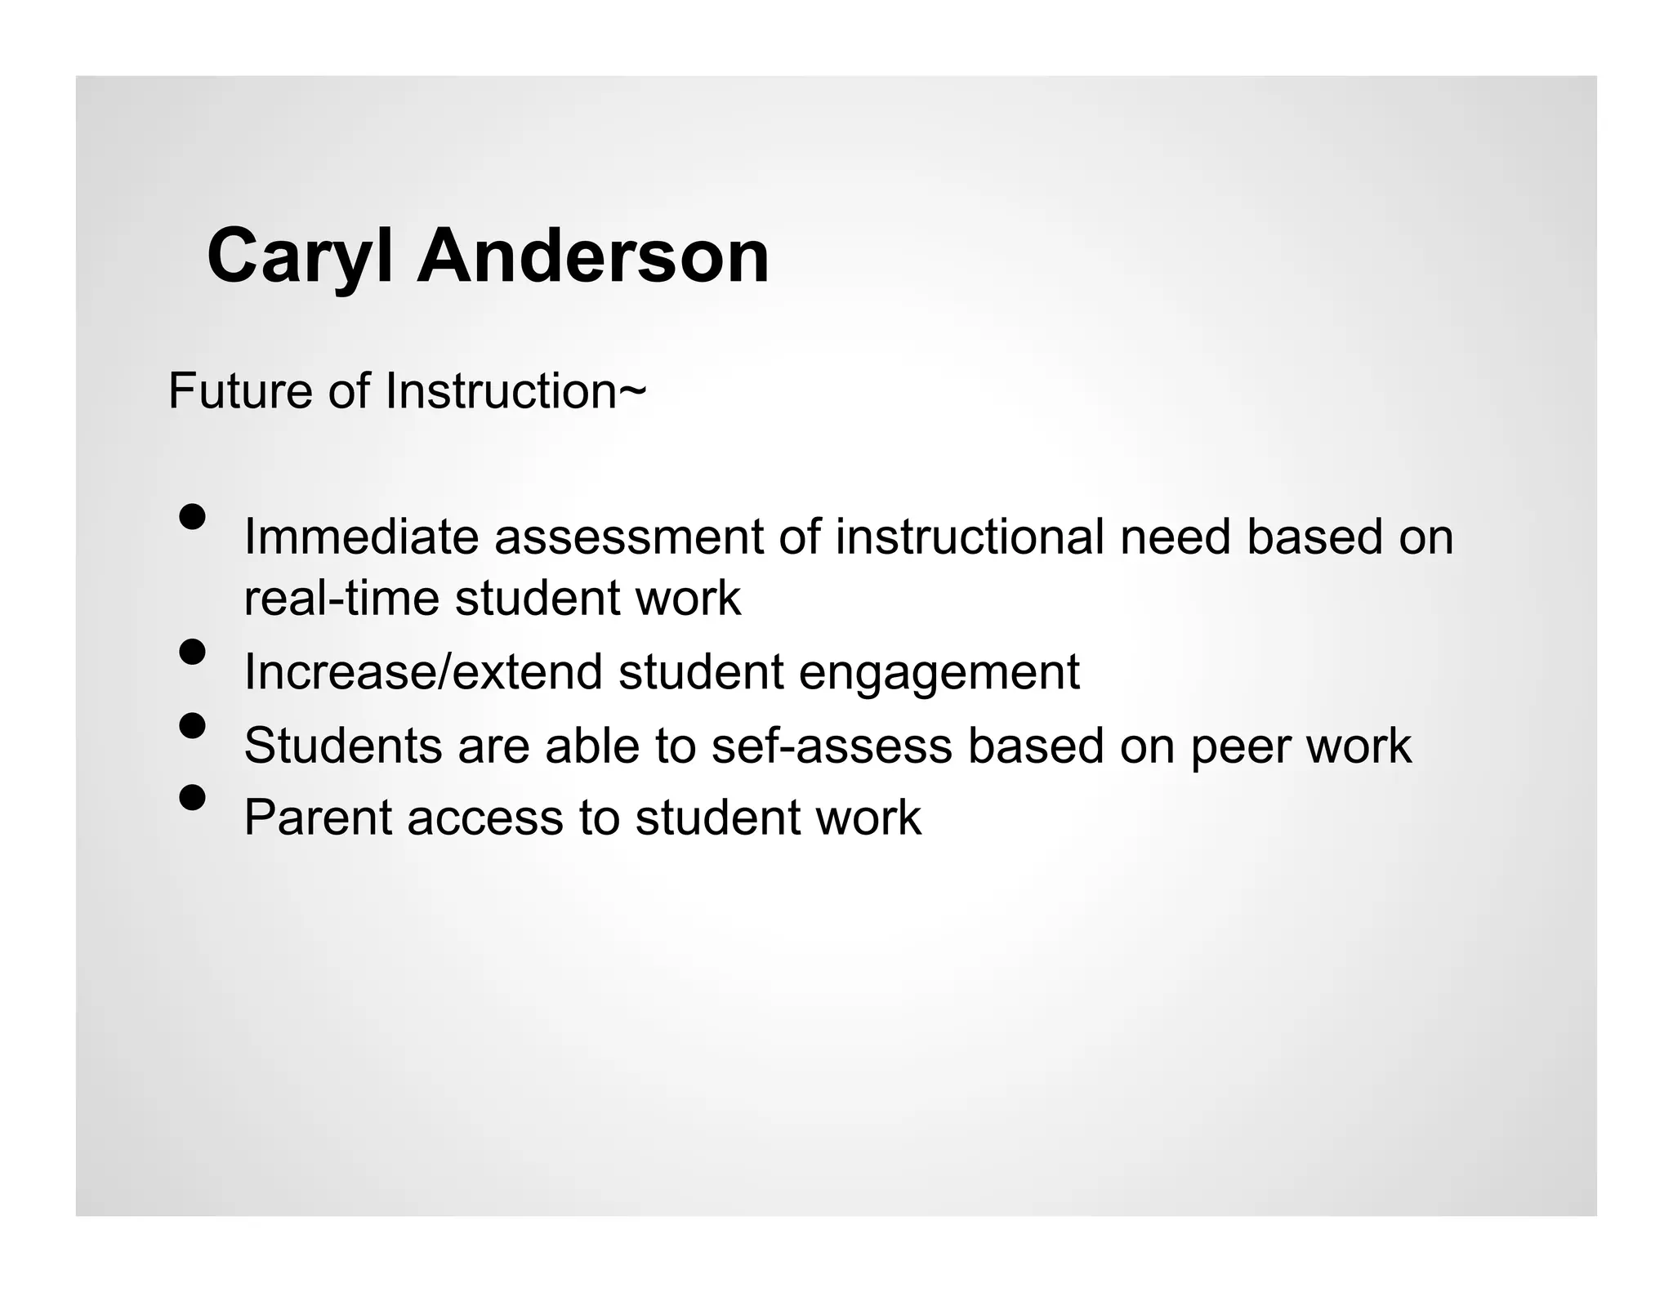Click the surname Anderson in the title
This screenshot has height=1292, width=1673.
(x=593, y=256)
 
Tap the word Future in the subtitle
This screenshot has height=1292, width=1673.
(x=240, y=390)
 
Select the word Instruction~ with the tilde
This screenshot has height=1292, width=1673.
(x=515, y=390)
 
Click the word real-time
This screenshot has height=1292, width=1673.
(x=341, y=598)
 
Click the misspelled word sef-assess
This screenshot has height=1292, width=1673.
(x=832, y=746)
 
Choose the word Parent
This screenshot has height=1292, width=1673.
(x=318, y=818)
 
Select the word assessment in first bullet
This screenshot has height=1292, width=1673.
(x=628, y=537)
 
